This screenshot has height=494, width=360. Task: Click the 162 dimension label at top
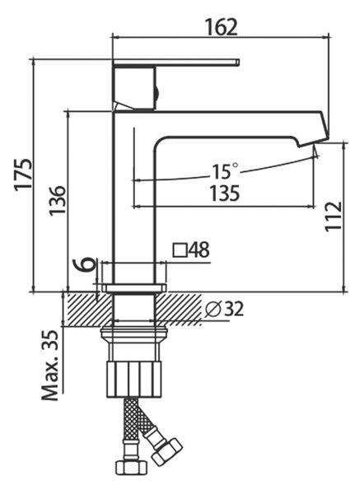221,27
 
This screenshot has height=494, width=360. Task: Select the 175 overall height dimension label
24,175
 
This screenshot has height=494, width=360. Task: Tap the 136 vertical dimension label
58,200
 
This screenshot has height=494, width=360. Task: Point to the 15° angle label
225,170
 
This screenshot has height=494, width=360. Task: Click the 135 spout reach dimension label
225,193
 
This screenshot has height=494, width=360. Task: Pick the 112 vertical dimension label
334,216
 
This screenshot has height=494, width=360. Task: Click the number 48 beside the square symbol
199,249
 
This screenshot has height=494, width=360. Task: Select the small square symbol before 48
180,250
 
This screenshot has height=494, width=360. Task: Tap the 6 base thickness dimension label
85,264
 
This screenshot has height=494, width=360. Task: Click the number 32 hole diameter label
234,310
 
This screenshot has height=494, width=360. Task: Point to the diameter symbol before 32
213,310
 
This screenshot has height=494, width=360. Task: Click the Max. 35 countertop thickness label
50,366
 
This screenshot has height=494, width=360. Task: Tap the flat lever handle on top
176,63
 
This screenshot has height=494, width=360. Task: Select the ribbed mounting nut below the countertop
134,379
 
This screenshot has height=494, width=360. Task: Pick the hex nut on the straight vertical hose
131,468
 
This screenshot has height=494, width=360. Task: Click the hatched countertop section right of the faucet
179,310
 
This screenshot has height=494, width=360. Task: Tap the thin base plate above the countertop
134,288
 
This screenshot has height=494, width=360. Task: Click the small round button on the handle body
157,93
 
